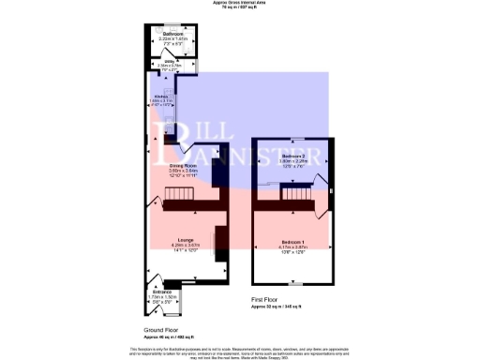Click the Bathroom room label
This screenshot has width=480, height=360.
click(x=172, y=34)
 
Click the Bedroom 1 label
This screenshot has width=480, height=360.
click(x=293, y=241)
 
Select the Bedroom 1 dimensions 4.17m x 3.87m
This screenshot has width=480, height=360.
click(x=293, y=247)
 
